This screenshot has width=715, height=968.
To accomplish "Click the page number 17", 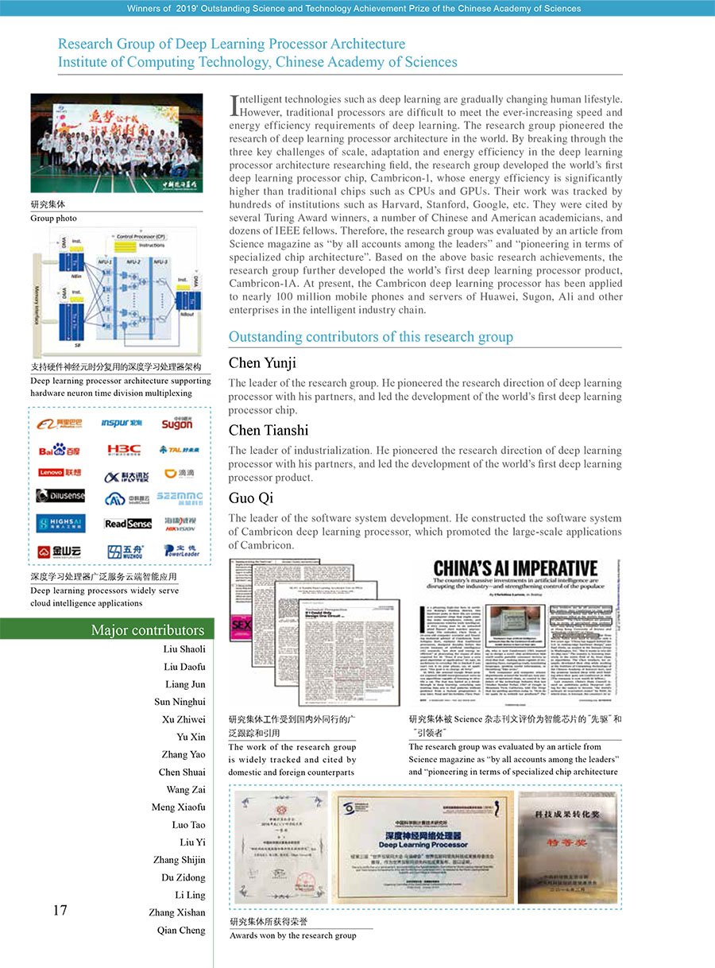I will tap(60, 911).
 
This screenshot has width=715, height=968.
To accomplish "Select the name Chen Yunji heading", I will tap(262, 363).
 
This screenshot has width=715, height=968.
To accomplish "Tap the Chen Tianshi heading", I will tap(269, 431).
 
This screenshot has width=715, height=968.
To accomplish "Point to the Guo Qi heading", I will tap(251, 498).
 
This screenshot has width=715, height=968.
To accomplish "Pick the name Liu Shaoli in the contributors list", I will tap(184, 649).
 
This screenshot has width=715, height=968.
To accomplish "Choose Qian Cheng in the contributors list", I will tap(181, 930).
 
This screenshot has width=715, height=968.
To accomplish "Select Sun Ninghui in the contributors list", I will tap(180, 702).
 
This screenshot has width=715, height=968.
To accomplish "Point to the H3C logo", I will tap(125, 450).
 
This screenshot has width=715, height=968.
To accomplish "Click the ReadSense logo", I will tap(127, 524).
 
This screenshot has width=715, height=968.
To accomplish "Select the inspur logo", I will tap(122, 424).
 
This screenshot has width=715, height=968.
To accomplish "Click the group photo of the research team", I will tap(117, 144).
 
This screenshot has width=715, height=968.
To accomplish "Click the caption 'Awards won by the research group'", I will tap(293, 935).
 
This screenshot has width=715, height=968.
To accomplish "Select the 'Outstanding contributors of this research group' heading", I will tap(371, 337).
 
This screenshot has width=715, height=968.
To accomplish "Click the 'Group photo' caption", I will tap(53, 218).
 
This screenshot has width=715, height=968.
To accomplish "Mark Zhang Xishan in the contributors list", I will tap(176, 912).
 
